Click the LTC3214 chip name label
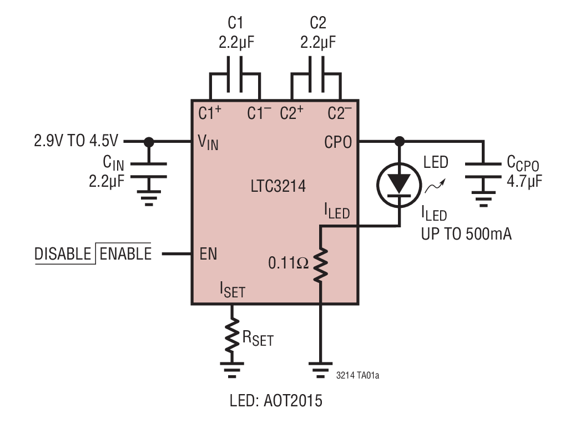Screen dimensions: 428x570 pyautogui.click(x=278, y=186)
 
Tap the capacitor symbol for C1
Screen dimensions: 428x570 pyautogui.click(x=235, y=75)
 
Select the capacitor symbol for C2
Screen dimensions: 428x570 pyautogui.click(x=317, y=75)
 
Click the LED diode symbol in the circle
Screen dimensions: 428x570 pyautogui.click(x=399, y=184)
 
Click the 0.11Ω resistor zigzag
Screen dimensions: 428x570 pyautogui.click(x=320, y=263)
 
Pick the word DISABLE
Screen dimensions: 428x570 pyautogui.click(x=63, y=254)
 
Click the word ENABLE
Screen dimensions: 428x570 pyautogui.click(x=125, y=254)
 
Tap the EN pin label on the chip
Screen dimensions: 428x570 pyautogui.click(x=208, y=255)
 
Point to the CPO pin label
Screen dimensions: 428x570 pyautogui.click(x=338, y=143)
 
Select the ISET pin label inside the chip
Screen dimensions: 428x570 pyautogui.click(x=232, y=290)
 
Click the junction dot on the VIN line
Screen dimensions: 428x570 pyautogui.click(x=148, y=142)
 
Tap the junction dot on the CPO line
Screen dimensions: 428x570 pyautogui.click(x=399, y=142)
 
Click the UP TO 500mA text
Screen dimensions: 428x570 pyautogui.click(x=466, y=235)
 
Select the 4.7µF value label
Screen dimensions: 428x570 pyautogui.click(x=524, y=181)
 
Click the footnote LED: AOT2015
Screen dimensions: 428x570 pyautogui.click(x=276, y=401)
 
